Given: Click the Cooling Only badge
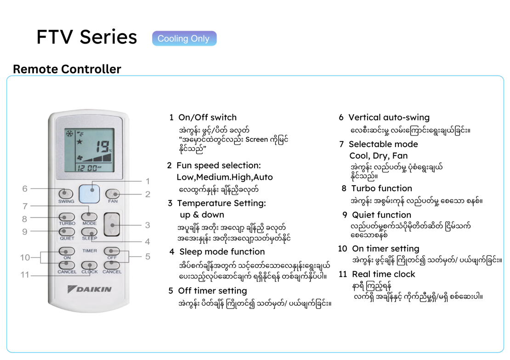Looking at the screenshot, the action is pos(184,39).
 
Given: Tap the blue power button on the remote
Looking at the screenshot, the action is pos(90,194).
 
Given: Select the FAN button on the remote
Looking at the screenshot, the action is pos(113,194).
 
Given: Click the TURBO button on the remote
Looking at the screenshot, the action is pos(67,217).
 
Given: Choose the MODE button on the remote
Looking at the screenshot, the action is pos(89,217).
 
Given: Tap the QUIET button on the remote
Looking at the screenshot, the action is pos(67,232).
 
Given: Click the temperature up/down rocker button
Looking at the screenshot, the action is pos(112,224).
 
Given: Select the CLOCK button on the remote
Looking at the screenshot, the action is pos(89,266).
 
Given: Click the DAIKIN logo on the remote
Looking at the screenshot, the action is pos(90,289).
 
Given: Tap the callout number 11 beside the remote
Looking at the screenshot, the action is pos(25,275).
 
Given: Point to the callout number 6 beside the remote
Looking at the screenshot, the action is pos(25,189).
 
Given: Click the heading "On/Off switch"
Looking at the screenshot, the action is pos(208,117).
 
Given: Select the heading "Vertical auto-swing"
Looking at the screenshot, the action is pos(389,117).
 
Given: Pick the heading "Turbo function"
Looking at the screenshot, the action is pos(382,189).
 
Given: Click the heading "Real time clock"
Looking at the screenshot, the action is pos(384,274).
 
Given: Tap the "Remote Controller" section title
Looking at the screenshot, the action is pos(67,69).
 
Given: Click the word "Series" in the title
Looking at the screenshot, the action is pos(108,37).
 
